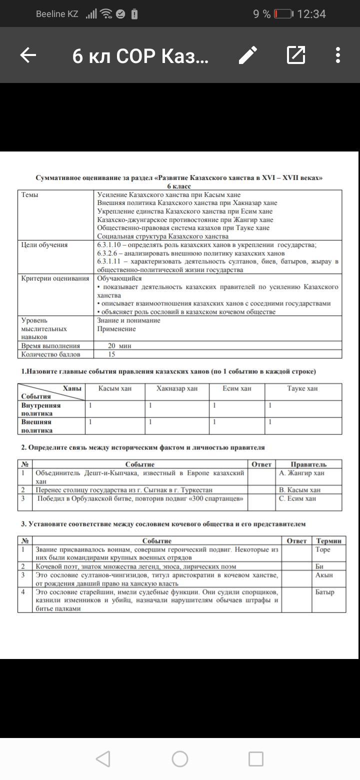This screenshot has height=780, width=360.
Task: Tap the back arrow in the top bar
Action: click(x=28, y=55)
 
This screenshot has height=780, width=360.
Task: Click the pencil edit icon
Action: click(x=248, y=55)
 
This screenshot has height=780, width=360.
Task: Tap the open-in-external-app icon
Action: click(x=296, y=55)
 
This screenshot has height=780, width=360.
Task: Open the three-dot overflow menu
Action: click(x=338, y=55)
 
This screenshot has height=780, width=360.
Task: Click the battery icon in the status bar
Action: click(x=284, y=14)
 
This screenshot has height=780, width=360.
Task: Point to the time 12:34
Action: click(x=311, y=14)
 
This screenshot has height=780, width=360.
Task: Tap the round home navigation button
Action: click(x=180, y=759)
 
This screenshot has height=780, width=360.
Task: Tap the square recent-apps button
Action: click(x=256, y=759)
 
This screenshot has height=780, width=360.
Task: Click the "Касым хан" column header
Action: click(x=115, y=388)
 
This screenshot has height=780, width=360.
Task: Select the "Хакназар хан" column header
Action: click(x=177, y=388)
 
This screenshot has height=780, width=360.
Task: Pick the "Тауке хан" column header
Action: click(x=302, y=388)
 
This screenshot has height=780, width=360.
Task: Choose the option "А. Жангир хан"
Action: click(x=302, y=473)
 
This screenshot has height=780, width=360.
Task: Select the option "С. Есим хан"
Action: click(x=298, y=498)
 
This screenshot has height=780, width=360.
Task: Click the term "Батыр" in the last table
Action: click(x=325, y=592)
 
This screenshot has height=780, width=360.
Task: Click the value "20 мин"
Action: click(x=119, y=345)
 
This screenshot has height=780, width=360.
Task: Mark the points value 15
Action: click(x=111, y=354)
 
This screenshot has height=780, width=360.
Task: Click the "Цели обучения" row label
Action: click(x=44, y=245)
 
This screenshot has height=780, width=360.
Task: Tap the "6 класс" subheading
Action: click(x=179, y=186)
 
